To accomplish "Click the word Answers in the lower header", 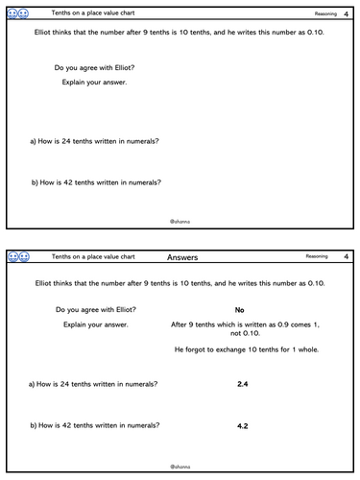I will point(182,257).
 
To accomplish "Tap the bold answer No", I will point(239,310).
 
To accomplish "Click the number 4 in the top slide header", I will point(346,13).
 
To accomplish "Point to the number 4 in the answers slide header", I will point(346,257).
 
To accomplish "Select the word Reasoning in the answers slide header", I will point(317,257).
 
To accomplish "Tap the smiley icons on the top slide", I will point(18,13).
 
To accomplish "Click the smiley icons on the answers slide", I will point(18,257).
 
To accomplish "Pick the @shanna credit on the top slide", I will point(180,220).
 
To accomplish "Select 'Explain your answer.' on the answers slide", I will point(91,324).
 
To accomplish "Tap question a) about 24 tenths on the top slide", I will point(94,141).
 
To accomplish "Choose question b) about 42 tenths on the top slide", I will point(95,182).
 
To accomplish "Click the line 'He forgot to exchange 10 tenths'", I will point(240,348).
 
